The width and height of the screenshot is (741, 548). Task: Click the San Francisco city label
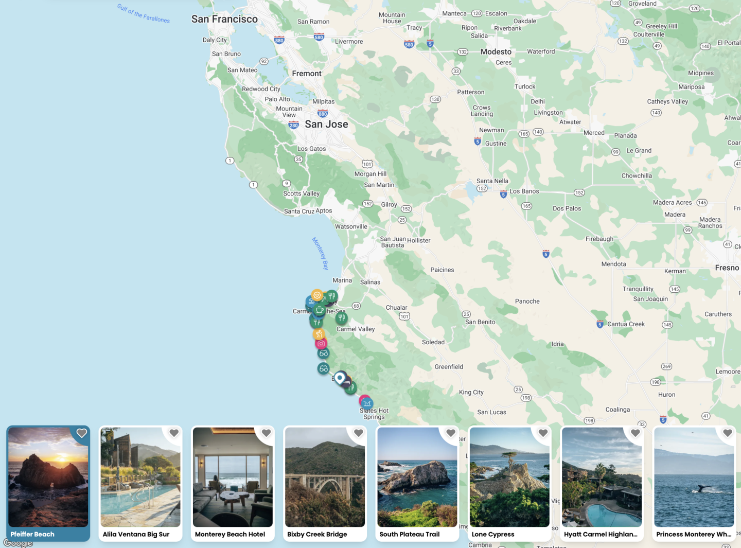[224, 19]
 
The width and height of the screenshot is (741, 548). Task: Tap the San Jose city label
[326, 124]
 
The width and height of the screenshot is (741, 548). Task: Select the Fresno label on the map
[727, 268]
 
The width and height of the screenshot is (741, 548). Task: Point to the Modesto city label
[496, 51]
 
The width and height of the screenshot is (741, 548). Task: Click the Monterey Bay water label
[320, 253]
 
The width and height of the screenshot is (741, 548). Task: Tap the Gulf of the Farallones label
[143, 13]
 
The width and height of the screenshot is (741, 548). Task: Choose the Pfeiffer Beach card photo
[48, 477]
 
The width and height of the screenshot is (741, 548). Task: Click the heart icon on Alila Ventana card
[174, 433]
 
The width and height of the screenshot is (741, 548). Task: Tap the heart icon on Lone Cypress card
[543, 433]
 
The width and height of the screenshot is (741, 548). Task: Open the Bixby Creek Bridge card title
[317, 534]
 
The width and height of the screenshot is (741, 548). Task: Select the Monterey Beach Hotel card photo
[233, 477]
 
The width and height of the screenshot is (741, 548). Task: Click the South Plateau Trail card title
[410, 534]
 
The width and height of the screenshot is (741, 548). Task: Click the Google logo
[18, 543]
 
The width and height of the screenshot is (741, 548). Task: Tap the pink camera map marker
[321, 343]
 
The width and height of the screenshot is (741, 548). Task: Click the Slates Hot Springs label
[374, 414]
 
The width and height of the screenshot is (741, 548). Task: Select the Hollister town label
[418, 240]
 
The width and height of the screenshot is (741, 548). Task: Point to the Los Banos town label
[524, 191]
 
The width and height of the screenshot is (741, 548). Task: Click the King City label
[471, 392]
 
